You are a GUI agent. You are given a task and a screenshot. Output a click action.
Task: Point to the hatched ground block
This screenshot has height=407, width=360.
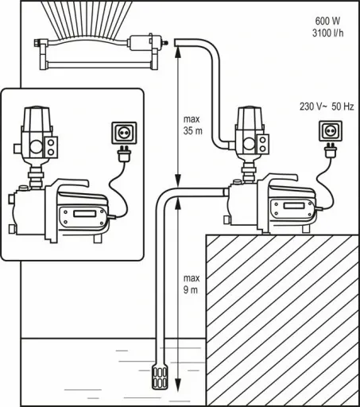pyautogui.click(x=282, y=318)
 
